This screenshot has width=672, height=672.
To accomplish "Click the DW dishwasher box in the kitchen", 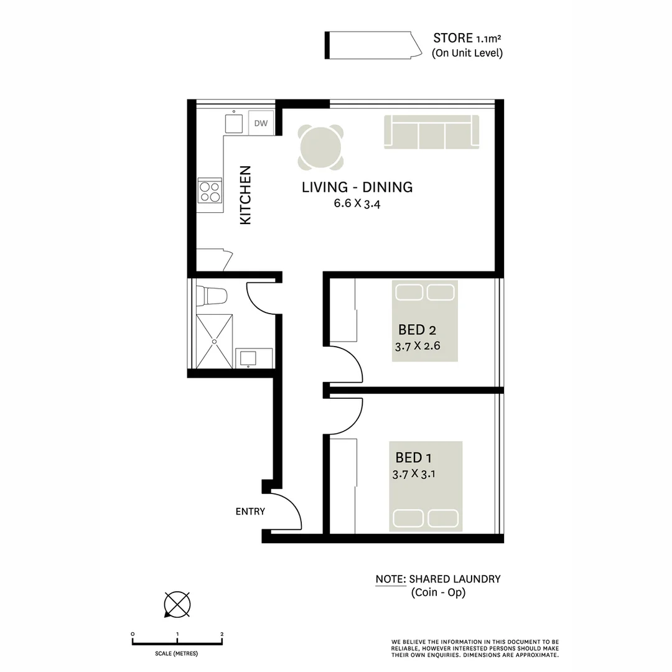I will click(261, 123).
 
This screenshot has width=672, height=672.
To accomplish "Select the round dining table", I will click(320, 147).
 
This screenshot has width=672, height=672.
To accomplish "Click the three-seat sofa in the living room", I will click(432, 132).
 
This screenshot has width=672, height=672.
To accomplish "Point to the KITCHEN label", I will click(245, 195).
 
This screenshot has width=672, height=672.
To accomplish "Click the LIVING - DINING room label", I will click(357, 187).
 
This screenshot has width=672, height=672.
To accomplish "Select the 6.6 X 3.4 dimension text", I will click(357, 203).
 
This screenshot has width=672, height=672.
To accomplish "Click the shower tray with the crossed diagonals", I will click(215, 341).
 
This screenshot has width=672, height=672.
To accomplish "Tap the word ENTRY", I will click(250, 511).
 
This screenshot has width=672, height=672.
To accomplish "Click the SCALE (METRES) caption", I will click(177, 654).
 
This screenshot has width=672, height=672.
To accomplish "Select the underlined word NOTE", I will click(390, 579).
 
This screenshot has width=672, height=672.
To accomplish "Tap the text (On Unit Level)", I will click(467, 53).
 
